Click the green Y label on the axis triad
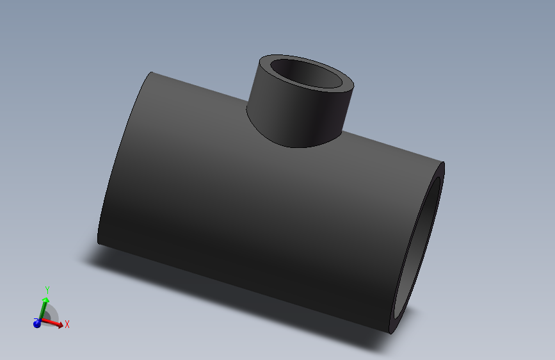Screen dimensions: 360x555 coord(47,291)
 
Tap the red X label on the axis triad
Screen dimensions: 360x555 coord(67,324)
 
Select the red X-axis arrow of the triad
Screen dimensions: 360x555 coord(53,323)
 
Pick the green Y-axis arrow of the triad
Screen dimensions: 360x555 coord(43,309)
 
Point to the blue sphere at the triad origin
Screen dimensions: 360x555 coord(36,324)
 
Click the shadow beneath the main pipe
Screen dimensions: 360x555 coord(192,282)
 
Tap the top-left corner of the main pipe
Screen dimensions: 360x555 coord(151,72)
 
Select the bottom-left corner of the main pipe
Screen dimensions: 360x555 coord(98,243)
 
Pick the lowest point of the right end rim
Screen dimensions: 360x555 coord(390,333)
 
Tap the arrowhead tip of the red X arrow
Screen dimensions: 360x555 coord(63,326)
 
